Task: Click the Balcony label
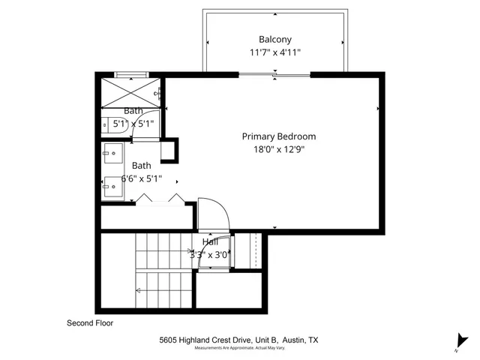tap(275, 39)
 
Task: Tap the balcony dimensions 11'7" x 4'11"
tap(275, 52)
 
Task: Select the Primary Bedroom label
tap(278, 136)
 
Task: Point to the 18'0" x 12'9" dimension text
tap(278, 149)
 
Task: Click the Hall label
tap(210, 242)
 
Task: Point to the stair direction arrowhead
tap(137, 289)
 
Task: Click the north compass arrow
tap(457, 339)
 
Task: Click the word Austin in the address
tap(289, 340)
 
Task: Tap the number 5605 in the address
tap(169, 340)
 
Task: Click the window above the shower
tap(132, 73)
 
